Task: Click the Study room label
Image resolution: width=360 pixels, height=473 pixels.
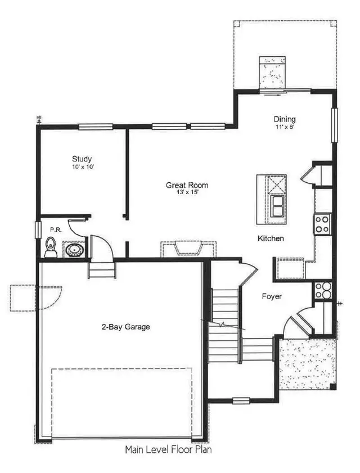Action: (82, 159)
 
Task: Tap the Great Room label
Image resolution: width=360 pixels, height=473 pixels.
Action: (187, 185)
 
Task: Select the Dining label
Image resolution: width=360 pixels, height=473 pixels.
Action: (285, 119)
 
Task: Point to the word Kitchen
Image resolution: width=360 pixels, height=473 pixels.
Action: (271, 238)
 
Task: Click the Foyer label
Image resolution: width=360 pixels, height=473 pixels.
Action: (272, 296)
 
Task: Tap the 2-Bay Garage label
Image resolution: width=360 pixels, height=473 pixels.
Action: (126, 327)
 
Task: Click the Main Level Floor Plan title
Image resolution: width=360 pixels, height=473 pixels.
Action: (168, 449)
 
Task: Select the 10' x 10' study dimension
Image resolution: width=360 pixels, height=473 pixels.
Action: (82, 167)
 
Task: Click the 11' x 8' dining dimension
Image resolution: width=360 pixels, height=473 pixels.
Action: (285, 127)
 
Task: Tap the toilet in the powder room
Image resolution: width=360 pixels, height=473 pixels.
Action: (51, 247)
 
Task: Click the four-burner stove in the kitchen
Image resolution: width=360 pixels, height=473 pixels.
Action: (322, 224)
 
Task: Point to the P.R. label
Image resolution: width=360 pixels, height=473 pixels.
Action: (56, 230)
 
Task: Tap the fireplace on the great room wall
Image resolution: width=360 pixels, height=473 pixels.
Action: (188, 249)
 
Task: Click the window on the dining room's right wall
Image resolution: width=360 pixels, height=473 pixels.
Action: (334, 125)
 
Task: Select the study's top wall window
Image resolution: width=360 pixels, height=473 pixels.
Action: (96, 127)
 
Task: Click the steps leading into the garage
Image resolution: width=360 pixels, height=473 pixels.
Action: (102, 270)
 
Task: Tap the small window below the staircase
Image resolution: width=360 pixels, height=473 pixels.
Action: (241, 400)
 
